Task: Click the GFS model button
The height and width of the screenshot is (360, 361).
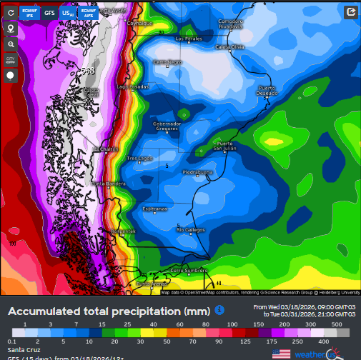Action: pos(49,12)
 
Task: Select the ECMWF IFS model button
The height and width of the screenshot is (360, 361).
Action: pos(30,12)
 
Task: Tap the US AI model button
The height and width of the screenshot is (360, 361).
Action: pos(68,12)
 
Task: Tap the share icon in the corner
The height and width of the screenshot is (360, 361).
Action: pos(350,12)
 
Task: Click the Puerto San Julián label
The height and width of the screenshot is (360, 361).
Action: pos(226,146)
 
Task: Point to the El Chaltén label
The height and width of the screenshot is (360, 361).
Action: pos(106,149)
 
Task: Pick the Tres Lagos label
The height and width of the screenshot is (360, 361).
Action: pos(139,158)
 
